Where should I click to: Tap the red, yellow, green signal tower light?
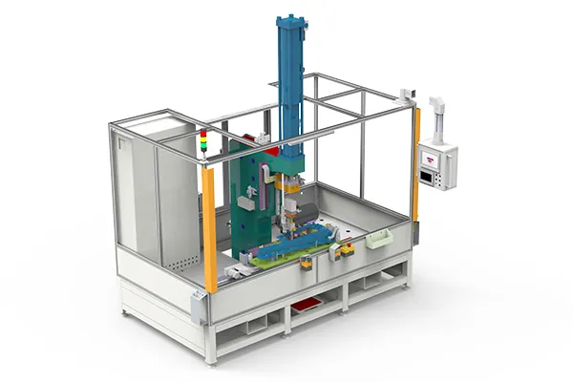click(x=202, y=142)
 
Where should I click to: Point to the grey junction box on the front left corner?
click(x=198, y=308)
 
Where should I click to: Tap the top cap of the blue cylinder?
click(x=290, y=20)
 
